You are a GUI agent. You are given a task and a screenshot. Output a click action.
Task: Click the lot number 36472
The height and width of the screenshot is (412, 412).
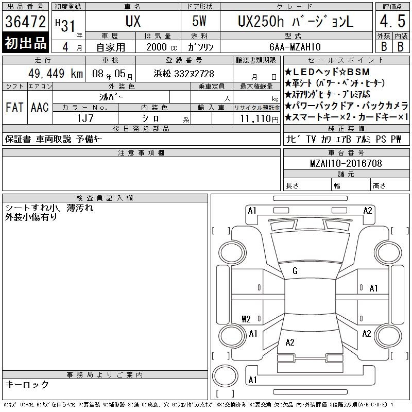point(25,22)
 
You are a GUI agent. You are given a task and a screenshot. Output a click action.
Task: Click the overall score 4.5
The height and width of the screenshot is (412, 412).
point(392,21)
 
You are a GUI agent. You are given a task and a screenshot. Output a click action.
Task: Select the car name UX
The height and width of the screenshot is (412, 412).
point(133,21)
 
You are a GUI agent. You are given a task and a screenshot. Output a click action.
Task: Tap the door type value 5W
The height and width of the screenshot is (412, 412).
point(199,21)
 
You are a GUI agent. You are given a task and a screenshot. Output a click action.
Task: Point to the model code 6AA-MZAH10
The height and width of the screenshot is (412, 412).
point(295,47)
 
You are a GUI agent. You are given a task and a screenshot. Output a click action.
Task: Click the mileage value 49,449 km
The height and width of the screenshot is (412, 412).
point(56,73)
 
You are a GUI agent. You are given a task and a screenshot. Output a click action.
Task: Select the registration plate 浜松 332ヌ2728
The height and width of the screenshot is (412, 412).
point(184,74)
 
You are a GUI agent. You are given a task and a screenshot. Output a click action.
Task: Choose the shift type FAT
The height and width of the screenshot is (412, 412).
point(15,108)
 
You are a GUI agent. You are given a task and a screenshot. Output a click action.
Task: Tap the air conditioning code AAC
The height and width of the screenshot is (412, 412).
point(40,108)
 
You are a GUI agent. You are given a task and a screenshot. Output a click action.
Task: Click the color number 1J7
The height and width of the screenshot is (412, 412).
point(85,118)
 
